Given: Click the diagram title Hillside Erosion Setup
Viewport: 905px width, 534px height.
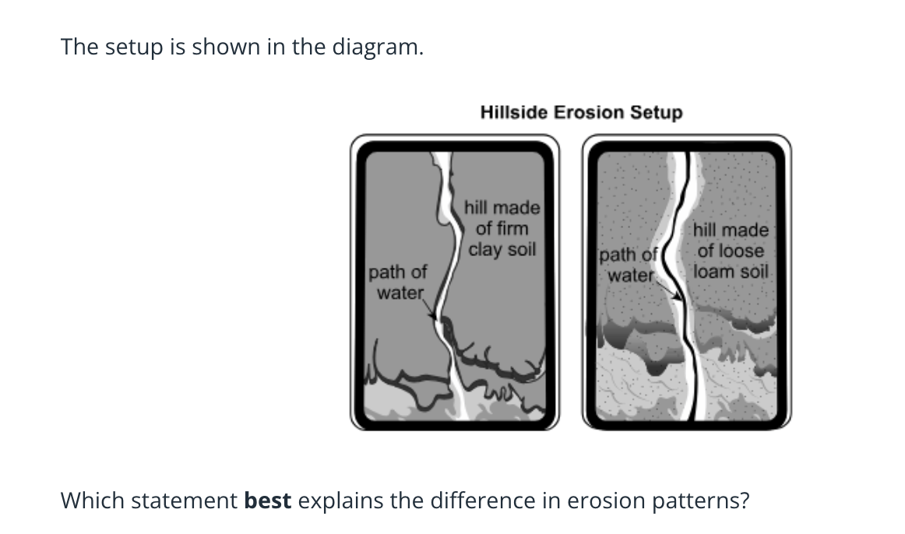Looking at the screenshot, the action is point(581,112).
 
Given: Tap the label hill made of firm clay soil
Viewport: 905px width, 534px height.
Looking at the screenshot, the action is point(502,228).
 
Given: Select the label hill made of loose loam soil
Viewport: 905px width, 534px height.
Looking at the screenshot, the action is point(731,251).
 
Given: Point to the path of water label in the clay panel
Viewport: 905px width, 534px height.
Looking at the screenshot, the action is point(398,282).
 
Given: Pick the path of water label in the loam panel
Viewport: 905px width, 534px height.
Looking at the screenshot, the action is point(629,265).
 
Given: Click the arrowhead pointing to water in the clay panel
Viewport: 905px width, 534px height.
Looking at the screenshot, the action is point(434,316).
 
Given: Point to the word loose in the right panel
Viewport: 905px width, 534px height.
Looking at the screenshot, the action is point(741,251).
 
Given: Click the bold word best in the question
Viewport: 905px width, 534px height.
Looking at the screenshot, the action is point(268,501).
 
